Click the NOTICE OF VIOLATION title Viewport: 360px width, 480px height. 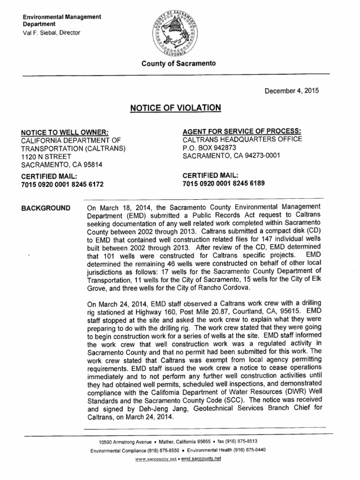[175, 108]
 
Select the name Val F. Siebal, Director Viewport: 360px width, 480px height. [52, 33]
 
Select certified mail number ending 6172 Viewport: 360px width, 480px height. [62, 185]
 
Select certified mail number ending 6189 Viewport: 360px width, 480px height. [224, 184]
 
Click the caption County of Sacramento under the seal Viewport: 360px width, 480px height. [180, 63]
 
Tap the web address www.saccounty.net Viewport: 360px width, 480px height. [155, 459]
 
